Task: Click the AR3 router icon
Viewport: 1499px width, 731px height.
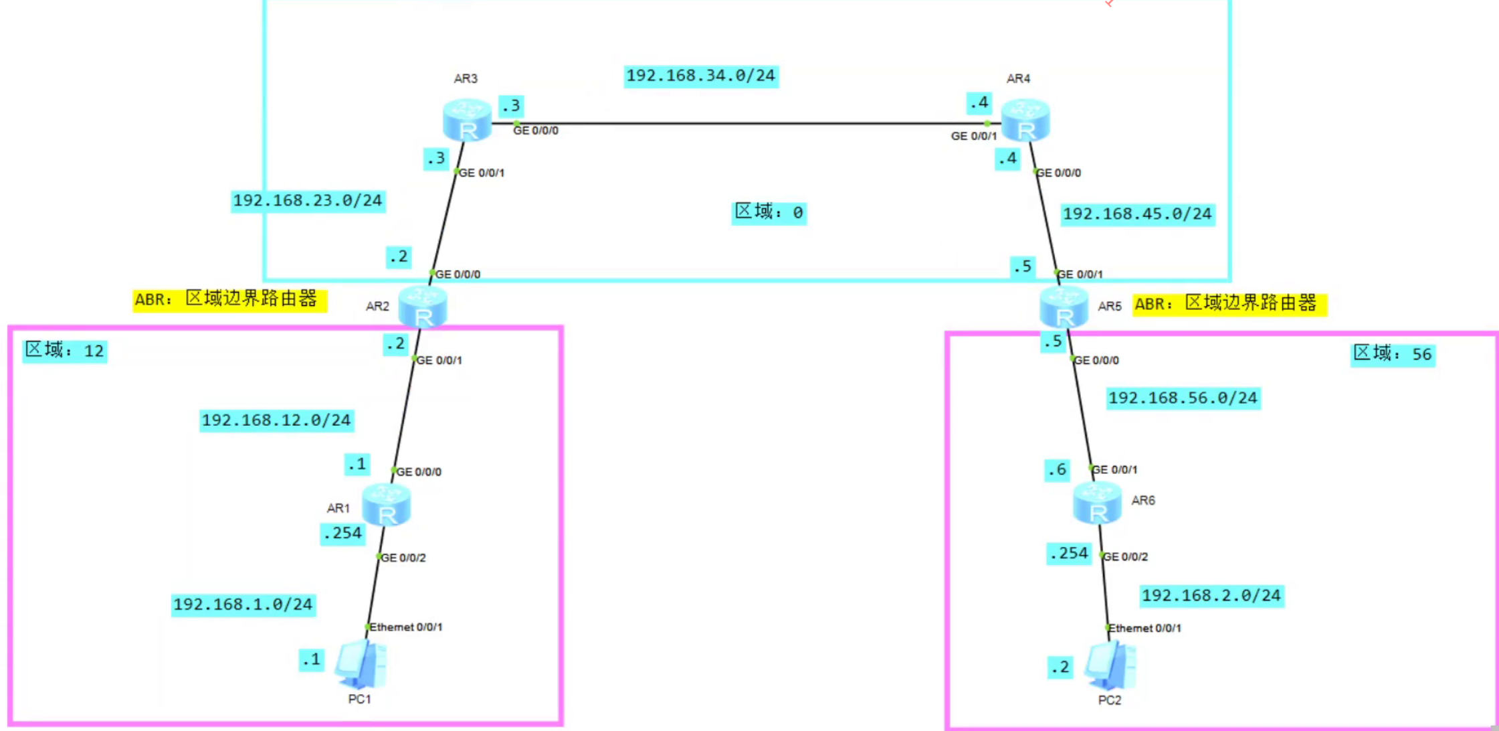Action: click(x=467, y=120)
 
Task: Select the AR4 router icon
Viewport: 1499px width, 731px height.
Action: click(x=1025, y=120)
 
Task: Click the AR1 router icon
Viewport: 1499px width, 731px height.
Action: click(x=386, y=505)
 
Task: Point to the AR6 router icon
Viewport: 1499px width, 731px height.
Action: click(x=1097, y=503)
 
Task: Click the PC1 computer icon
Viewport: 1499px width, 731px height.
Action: click(x=361, y=665)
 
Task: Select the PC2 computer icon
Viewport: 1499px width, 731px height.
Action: click(x=1110, y=666)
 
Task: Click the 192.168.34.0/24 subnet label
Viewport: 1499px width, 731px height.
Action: click(x=701, y=76)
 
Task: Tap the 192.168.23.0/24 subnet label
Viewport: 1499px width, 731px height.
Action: click(x=308, y=201)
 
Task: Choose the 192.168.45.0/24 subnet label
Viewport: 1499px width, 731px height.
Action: click(x=1137, y=214)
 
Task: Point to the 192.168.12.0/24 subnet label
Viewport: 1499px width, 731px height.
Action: click(x=276, y=420)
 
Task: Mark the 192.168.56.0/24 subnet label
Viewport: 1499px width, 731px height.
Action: click(x=1183, y=398)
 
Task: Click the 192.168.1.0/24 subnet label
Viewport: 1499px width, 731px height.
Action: click(x=243, y=604)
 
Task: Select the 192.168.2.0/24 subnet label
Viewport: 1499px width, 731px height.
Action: click(x=1211, y=596)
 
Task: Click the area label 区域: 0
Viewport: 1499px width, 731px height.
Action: click(x=769, y=212)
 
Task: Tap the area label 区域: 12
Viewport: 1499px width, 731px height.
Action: click(x=65, y=350)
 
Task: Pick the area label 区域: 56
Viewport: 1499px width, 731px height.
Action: click(x=1392, y=354)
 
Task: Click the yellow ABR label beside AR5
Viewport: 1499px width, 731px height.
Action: click(x=1229, y=304)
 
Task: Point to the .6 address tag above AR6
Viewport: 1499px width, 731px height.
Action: click(x=1057, y=470)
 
